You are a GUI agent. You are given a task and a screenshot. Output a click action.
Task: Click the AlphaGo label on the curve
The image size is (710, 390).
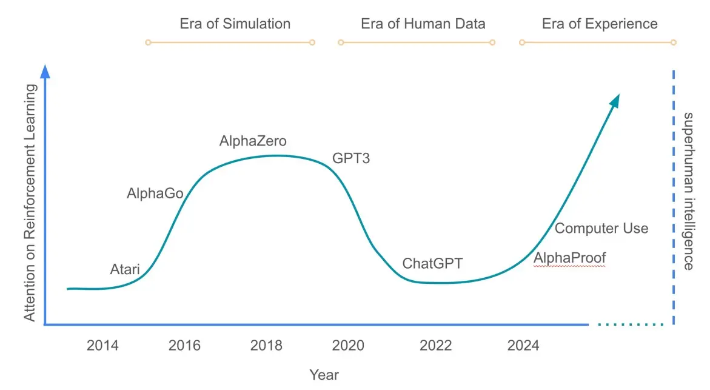(155, 193)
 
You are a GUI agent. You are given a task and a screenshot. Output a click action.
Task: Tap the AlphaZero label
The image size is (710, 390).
(253, 141)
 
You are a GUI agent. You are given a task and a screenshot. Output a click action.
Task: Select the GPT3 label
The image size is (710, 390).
(351, 158)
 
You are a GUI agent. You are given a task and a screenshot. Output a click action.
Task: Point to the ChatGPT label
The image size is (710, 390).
(432, 263)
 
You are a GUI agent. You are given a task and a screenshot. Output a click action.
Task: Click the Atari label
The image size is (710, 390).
(125, 269)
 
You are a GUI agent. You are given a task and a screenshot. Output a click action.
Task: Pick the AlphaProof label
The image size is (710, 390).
(569, 258)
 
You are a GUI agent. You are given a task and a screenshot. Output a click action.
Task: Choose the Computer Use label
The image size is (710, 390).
(601, 228)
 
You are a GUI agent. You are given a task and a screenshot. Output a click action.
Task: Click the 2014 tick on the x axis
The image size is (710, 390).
(102, 346)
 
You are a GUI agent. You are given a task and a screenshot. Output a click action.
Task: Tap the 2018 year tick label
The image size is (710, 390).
(266, 346)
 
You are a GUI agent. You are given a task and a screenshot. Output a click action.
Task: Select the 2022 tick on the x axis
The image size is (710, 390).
(435, 346)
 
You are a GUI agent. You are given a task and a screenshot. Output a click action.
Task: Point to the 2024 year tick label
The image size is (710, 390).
(523, 346)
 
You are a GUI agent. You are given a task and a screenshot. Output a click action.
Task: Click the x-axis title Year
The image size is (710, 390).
(324, 375)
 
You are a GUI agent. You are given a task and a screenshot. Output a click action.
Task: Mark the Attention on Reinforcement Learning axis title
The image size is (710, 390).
(30, 203)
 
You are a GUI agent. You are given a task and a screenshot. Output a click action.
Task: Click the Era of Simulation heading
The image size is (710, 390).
(235, 24)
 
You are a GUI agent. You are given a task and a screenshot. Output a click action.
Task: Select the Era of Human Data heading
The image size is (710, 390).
(423, 24)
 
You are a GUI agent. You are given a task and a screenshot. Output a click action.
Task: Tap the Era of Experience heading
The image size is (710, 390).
(600, 24)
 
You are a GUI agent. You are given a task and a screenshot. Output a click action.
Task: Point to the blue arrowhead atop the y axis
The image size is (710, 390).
(45, 72)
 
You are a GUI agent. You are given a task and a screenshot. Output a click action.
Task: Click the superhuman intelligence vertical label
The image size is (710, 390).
(688, 191)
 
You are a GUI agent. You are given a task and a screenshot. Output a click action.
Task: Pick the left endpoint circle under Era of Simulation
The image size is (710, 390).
(148, 42)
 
